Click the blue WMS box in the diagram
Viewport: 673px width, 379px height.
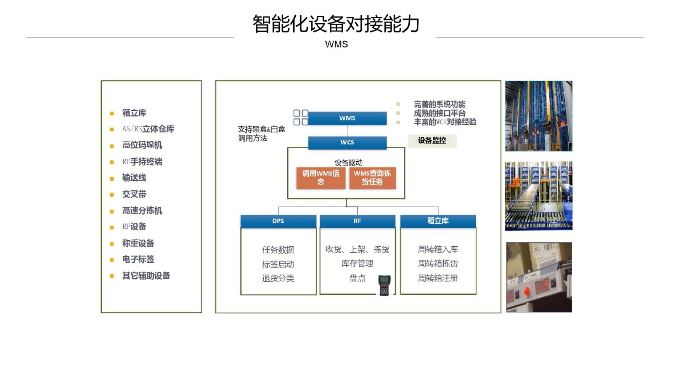tap(347, 118)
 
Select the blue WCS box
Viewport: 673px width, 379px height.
tap(347, 143)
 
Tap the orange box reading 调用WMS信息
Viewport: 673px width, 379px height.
tap(321, 178)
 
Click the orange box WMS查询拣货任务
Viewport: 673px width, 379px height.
tap(373, 178)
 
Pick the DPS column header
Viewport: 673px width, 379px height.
tap(278, 221)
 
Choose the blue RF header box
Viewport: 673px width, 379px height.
tap(357, 221)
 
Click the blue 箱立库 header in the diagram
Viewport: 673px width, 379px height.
tap(438, 221)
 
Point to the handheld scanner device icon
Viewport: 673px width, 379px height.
tap(384, 285)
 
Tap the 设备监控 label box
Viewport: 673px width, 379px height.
tap(432, 141)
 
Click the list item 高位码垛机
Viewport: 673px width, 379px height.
tap(142, 145)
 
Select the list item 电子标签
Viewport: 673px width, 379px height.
tap(138, 259)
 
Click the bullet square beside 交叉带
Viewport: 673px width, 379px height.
tap(112, 195)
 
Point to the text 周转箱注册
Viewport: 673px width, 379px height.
tap(438, 278)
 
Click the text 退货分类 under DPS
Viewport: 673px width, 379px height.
tap(278, 278)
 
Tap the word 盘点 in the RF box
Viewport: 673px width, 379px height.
tap(357, 278)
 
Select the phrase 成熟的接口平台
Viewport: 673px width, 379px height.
tap(440, 113)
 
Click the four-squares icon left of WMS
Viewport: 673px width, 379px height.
tap(301, 117)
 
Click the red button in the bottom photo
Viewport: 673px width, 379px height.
tap(526, 291)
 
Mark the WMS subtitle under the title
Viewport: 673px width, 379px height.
tap(336, 44)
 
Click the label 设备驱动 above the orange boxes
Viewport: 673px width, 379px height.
tap(349, 163)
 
